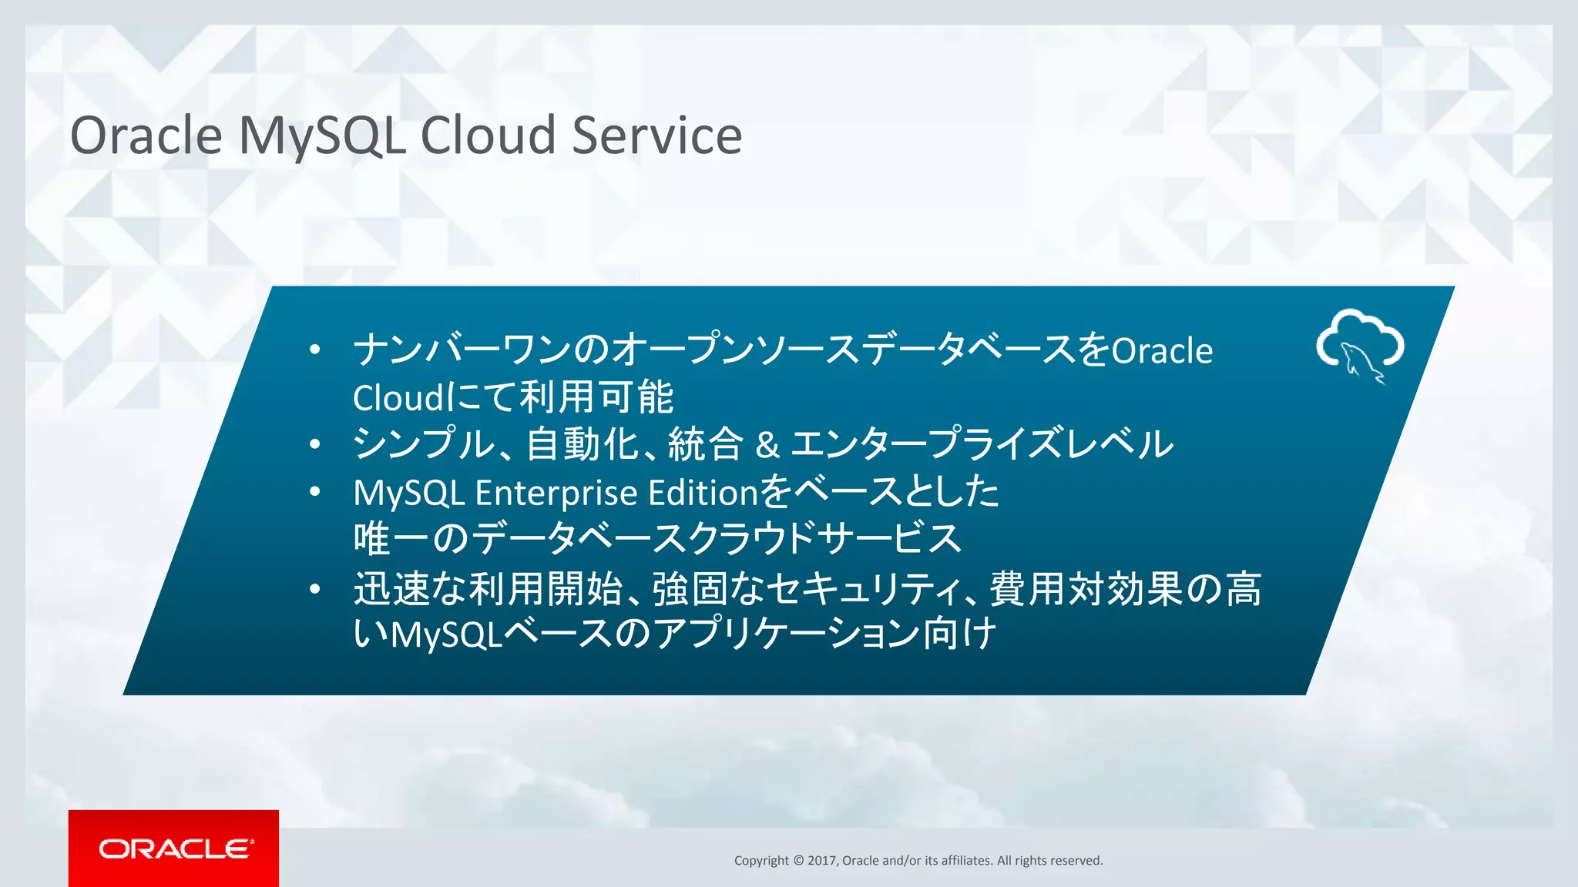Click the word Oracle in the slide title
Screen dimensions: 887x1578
(x=146, y=136)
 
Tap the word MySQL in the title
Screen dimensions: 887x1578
(x=321, y=137)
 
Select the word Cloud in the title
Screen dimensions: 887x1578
(x=487, y=136)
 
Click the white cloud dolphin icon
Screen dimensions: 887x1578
(x=1360, y=346)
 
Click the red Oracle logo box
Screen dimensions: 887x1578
(x=173, y=848)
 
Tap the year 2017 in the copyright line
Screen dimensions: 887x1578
(x=822, y=861)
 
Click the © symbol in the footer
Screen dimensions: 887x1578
(x=797, y=861)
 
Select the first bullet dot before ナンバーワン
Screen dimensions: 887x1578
(x=314, y=350)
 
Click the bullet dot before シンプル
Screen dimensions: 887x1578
(x=314, y=444)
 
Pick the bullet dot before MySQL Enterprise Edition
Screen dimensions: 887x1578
(x=314, y=491)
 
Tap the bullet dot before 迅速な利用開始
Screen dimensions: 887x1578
(x=314, y=589)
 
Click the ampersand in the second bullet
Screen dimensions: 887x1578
(x=767, y=445)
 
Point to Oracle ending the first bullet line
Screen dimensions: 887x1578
(x=1162, y=351)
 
